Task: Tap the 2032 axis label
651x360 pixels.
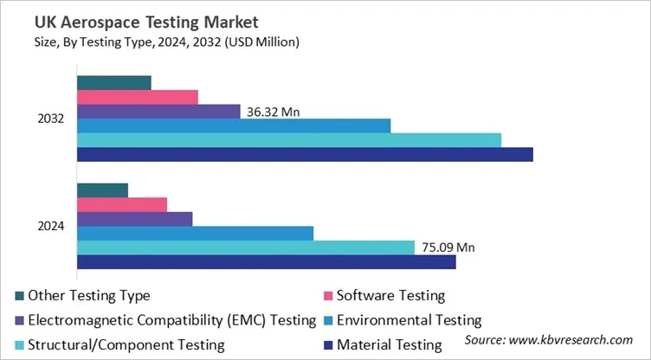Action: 51,119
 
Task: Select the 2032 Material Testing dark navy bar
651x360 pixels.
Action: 305,154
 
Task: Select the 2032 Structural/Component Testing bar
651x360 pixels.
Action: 289,140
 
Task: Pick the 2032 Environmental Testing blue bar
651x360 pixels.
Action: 234,125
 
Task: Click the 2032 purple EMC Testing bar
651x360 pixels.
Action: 158,112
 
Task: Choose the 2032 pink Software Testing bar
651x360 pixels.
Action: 138,97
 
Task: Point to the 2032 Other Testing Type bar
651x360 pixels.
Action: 114,83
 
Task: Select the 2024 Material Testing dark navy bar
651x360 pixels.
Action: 267,261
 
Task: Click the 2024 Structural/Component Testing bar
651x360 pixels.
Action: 246,247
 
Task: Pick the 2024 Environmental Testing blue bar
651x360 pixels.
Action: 195,233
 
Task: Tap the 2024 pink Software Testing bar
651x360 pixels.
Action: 122,204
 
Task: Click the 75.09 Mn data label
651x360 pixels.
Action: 448,247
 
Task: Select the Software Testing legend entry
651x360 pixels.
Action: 390,296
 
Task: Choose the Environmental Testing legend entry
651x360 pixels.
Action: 408,320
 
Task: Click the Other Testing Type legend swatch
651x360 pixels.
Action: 19,296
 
